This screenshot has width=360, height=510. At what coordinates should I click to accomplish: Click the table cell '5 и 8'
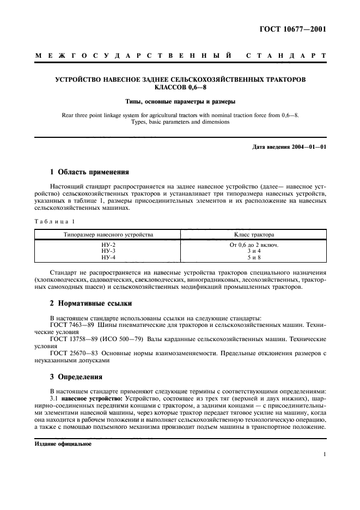254,257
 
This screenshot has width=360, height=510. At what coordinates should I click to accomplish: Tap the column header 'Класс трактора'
254,235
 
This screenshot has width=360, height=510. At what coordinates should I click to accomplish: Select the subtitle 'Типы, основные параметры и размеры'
180,101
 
